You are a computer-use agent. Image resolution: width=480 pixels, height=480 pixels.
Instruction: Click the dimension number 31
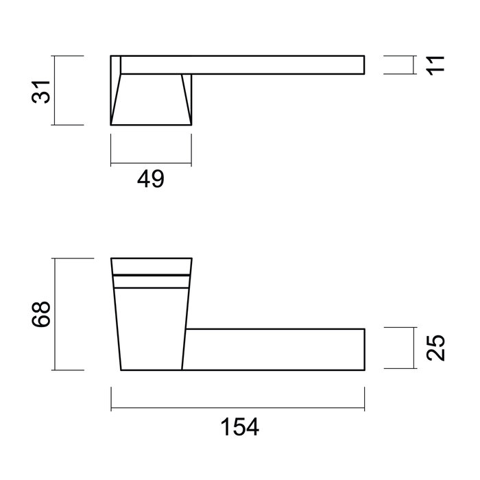(43, 91)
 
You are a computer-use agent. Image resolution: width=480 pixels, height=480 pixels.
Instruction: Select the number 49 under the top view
(150, 180)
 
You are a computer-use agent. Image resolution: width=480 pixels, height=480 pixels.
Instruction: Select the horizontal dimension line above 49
(151, 164)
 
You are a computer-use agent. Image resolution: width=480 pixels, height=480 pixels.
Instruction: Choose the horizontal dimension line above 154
(237, 410)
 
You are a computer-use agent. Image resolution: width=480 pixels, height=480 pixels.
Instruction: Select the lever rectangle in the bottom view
(274, 349)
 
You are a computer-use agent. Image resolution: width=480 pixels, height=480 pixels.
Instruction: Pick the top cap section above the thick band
(151, 266)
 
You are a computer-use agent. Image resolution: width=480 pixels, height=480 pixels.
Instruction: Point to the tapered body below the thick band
(151, 326)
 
